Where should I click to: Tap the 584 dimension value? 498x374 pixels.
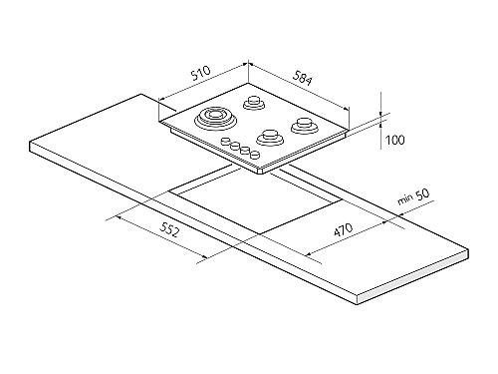click(303, 78)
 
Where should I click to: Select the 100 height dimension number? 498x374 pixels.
click(394, 140)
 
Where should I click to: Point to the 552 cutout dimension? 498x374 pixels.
click(169, 229)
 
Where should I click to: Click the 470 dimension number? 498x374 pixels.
click(344, 230)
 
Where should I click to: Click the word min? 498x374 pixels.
click(405, 199)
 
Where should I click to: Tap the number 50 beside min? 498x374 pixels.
click(422, 194)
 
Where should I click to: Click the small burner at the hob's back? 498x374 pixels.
click(254, 103)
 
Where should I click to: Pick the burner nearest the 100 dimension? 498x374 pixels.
click(303, 126)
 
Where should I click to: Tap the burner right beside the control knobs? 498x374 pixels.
click(270, 137)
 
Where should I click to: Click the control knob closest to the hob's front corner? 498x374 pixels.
click(255, 155)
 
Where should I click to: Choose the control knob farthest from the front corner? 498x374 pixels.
click(226, 141)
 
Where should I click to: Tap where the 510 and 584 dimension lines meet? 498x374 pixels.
click(248, 63)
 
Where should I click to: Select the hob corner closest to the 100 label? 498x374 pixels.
click(348, 131)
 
